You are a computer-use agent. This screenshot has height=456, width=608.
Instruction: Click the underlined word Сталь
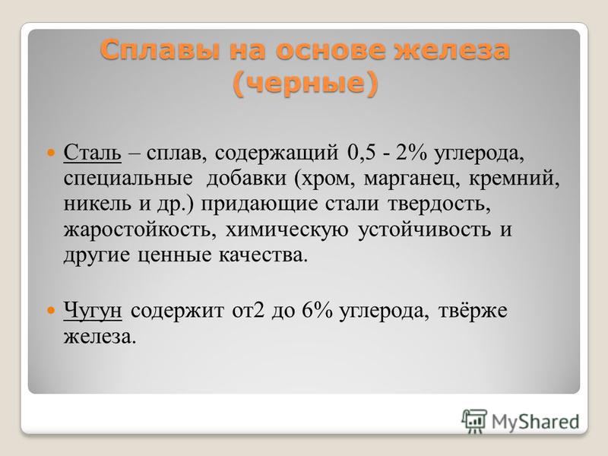click(x=92, y=153)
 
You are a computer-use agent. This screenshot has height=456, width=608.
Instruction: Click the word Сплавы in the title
click(x=160, y=50)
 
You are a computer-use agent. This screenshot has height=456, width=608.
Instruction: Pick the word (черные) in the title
click(x=306, y=83)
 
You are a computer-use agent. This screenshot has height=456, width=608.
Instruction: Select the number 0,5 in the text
click(x=362, y=153)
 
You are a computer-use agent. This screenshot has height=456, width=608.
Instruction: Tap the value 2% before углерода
click(x=411, y=153)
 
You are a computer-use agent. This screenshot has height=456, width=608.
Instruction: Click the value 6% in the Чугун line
click(x=317, y=311)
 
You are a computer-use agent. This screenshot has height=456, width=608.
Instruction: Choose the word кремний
click(x=515, y=178)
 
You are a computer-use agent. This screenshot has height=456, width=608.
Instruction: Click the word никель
click(x=97, y=204)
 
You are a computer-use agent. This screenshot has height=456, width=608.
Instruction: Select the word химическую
click(x=287, y=230)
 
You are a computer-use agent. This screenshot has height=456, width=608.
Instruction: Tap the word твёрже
click(x=473, y=311)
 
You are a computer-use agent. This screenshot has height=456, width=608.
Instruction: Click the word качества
click(x=263, y=255)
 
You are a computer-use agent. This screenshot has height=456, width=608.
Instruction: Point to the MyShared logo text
click(x=536, y=421)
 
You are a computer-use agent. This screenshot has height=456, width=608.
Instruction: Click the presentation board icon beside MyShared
click(x=474, y=421)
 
